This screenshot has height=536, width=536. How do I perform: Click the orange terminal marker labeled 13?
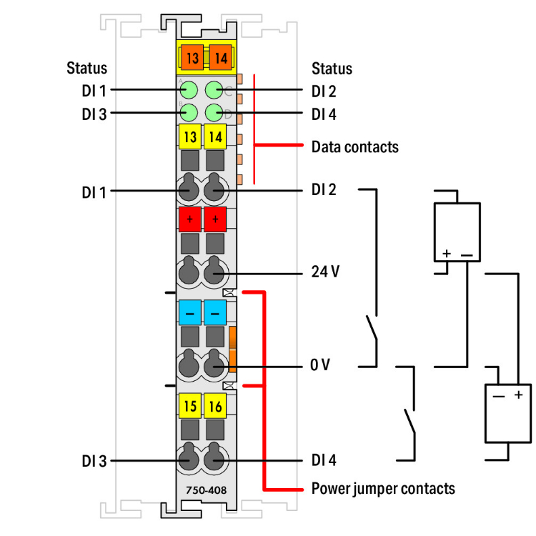[x=189, y=55]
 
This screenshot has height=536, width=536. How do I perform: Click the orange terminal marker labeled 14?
[x=217, y=55]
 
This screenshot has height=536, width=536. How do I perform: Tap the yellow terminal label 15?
[x=189, y=407]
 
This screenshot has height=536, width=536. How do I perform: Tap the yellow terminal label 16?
[x=214, y=407]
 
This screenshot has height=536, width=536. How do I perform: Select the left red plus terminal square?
[x=189, y=219]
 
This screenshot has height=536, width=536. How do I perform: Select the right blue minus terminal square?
[x=214, y=312]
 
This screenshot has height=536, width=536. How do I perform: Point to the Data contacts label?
[x=354, y=147]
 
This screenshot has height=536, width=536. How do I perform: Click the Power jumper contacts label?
[x=382, y=489]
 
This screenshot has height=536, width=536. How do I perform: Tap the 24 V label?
[x=325, y=274]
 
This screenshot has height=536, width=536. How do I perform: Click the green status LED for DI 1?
[x=189, y=91]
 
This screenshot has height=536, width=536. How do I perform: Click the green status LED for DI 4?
[x=214, y=113]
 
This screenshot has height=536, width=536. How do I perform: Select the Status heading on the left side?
[x=87, y=69]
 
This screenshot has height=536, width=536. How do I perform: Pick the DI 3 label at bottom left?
[x=94, y=461]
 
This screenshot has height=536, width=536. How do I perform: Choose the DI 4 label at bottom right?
[x=324, y=461]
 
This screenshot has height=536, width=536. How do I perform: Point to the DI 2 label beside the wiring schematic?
[x=324, y=190]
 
